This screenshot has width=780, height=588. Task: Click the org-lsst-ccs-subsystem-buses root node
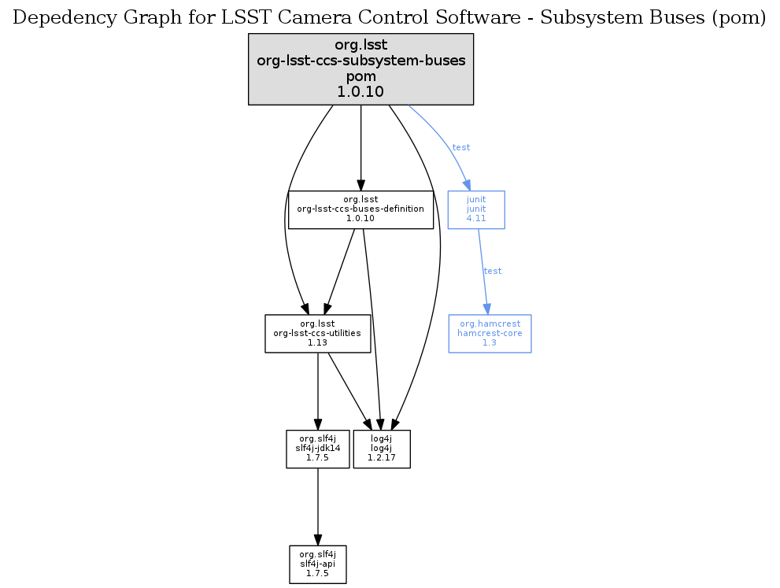(x=360, y=68)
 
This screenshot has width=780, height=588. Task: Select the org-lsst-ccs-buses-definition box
(x=360, y=209)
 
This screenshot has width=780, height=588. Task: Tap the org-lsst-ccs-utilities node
(x=317, y=334)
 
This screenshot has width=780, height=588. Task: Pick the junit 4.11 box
(x=476, y=209)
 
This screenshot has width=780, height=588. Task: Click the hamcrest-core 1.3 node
(x=490, y=334)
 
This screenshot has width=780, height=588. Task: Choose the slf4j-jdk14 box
(x=317, y=449)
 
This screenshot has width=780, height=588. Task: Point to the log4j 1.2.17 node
(x=382, y=449)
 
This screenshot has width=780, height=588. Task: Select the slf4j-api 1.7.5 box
(x=317, y=564)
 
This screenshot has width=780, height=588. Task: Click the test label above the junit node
(x=461, y=147)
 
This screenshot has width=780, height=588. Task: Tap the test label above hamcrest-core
(x=493, y=271)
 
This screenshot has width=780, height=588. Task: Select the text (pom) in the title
(x=739, y=19)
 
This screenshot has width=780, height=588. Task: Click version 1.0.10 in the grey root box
(x=360, y=91)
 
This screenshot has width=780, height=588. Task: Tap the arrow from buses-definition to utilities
(x=339, y=272)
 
